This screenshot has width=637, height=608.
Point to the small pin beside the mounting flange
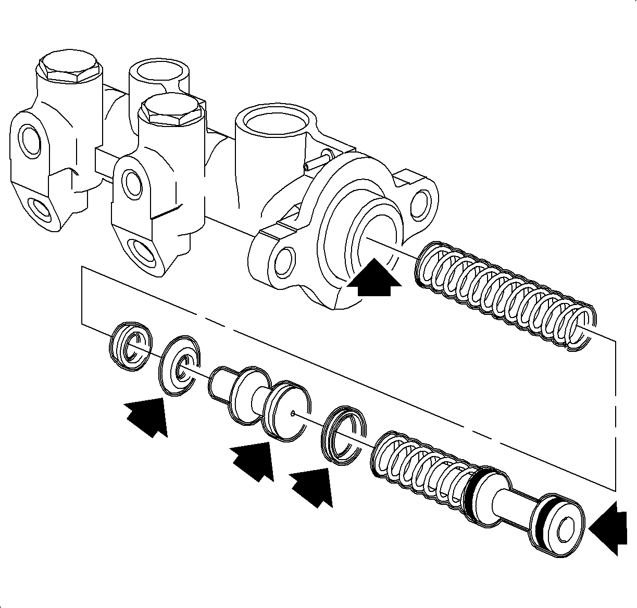[x=316, y=160]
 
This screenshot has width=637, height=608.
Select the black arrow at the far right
[x=609, y=528]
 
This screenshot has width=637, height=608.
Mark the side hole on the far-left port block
[x=28, y=138]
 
